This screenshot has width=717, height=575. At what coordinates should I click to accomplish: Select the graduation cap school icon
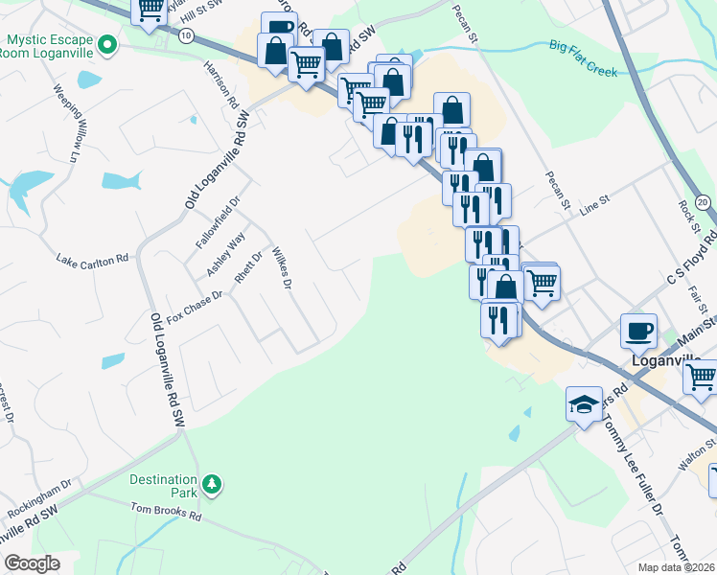click(x=584, y=402)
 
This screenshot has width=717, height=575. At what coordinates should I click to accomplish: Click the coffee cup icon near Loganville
click(x=639, y=331)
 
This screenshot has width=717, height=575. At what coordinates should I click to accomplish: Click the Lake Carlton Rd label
click(x=92, y=260)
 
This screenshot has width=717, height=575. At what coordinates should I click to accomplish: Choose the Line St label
click(x=591, y=198)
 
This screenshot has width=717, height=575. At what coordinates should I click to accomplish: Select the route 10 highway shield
click(x=185, y=34)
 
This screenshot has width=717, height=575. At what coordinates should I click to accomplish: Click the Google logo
click(x=32, y=563)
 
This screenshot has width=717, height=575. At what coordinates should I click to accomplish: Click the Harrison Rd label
click(x=220, y=86)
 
